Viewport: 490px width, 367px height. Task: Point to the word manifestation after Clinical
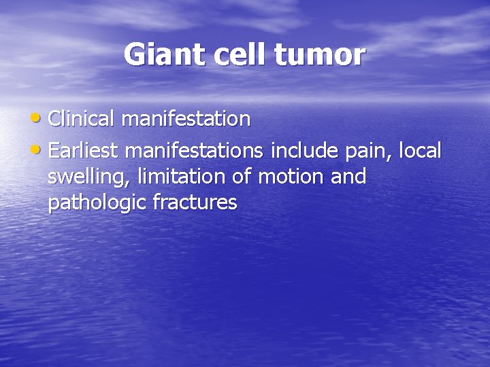pyautogui.click(x=186, y=119)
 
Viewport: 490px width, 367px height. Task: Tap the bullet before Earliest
pyautogui.click(x=39, y=149)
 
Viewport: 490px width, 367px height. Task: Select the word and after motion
pyautogui.click(x=348, y=177)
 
